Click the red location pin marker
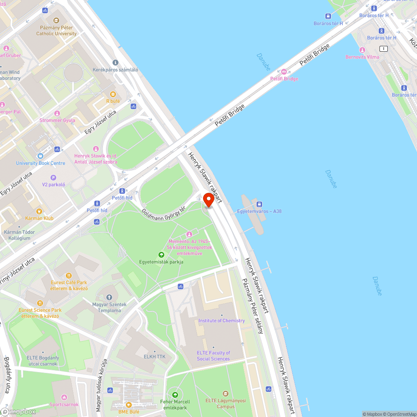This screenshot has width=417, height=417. point(208,200)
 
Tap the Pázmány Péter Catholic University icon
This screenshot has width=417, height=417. point(56,20)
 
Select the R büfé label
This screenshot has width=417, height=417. point(113,101)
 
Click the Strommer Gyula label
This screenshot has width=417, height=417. point(57,120)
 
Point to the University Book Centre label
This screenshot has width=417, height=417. point(40,163)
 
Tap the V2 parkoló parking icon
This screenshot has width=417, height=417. point(53,177)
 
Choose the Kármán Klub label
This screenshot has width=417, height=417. point(39,218)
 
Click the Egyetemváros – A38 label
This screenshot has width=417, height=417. point(259,211)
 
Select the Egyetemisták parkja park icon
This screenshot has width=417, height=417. point(161,254)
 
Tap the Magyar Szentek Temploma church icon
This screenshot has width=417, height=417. point(109,297)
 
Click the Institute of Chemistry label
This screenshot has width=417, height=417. point(221,320)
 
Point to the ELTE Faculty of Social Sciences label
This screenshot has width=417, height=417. point(213,356)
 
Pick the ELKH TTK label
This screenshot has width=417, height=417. point(154,357)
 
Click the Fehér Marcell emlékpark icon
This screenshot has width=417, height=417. point(175,394)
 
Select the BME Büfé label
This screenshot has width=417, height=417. point(128,412)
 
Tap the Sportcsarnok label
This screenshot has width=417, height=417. point(64,404)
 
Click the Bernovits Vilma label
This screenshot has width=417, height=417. point(362,57)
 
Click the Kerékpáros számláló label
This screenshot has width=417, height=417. point(116,70)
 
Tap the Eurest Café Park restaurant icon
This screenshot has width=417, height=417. point(69,276)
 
